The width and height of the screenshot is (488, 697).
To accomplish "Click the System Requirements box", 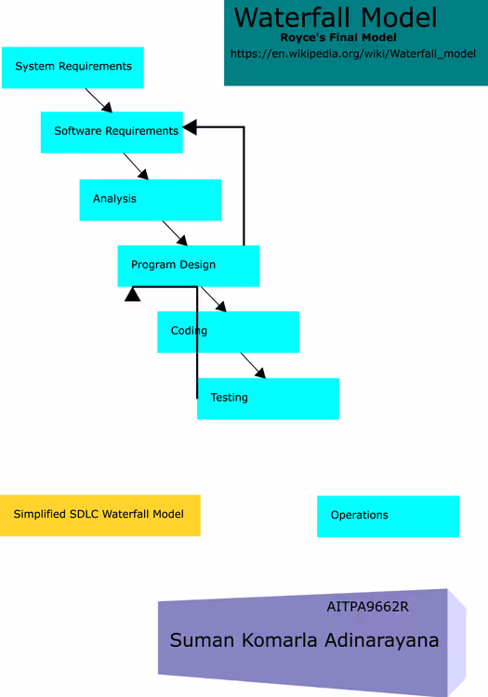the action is (x=73, y=68).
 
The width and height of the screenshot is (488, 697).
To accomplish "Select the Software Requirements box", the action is (x=112, y=133).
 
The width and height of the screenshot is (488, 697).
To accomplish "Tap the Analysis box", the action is (x=151, y=200).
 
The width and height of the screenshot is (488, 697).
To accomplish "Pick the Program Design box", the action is (x=189, y=266).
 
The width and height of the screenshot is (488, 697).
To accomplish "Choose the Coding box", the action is (x=228, y=332).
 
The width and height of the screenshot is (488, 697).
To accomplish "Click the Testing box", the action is (x=268, y=399).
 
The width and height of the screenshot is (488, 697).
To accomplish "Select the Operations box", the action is (x=388, y=517).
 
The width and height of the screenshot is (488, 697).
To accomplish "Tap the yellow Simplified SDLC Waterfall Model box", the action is (x=100, y=516).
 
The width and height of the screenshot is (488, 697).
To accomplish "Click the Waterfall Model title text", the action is (x=336, y=18).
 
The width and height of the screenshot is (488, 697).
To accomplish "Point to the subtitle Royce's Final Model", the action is (x=338, y=37).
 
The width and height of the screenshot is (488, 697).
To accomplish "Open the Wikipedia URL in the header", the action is (x=353, y=54).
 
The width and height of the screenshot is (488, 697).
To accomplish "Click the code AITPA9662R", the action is (x=367, y=607).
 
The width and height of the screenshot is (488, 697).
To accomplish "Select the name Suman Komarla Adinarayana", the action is (x=304, y=640).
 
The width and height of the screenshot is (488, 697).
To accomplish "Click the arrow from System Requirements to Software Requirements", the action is (x=99, y=100).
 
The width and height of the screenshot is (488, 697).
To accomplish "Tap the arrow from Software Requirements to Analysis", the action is (x=136, y=166).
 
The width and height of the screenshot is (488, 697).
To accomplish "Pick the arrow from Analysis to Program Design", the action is (x=175, y=233).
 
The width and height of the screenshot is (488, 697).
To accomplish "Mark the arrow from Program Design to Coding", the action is (x=214, y=299).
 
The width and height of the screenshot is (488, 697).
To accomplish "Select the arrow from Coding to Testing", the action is (x=254, y=366).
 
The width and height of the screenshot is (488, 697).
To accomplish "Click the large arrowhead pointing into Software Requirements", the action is (x=190, y=127).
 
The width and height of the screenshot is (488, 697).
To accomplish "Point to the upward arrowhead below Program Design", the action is (x=132, y=295).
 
